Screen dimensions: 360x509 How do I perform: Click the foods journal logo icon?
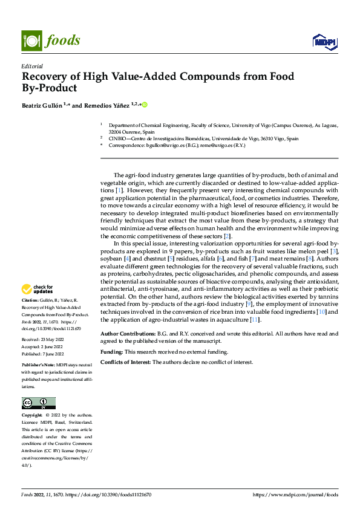tap(31, 40)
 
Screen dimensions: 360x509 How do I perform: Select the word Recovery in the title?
tap(45, 77)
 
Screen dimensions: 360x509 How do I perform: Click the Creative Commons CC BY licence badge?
tap(38, 403)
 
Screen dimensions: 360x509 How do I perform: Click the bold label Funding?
tap(112, 351)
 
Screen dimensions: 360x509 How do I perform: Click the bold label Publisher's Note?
tap(40, 366)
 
